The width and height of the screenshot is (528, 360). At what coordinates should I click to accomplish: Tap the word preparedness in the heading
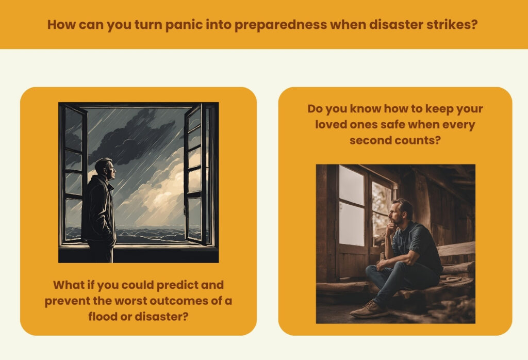(x=280, y=25)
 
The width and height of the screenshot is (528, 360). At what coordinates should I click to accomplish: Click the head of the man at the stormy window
(x=105, y=168)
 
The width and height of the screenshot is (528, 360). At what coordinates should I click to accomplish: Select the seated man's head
(x=401, y=212)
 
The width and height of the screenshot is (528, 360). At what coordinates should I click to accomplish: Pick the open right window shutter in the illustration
(x=195, y=173)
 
